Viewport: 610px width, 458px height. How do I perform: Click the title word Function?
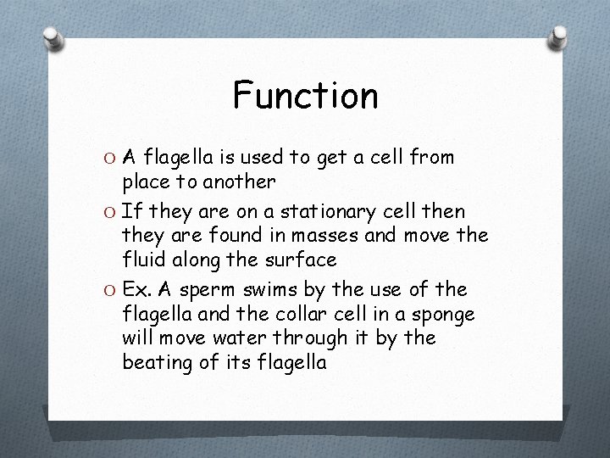(305, 96)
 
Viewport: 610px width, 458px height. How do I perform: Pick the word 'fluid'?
(144, 259)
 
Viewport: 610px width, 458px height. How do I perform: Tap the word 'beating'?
(158, 363)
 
